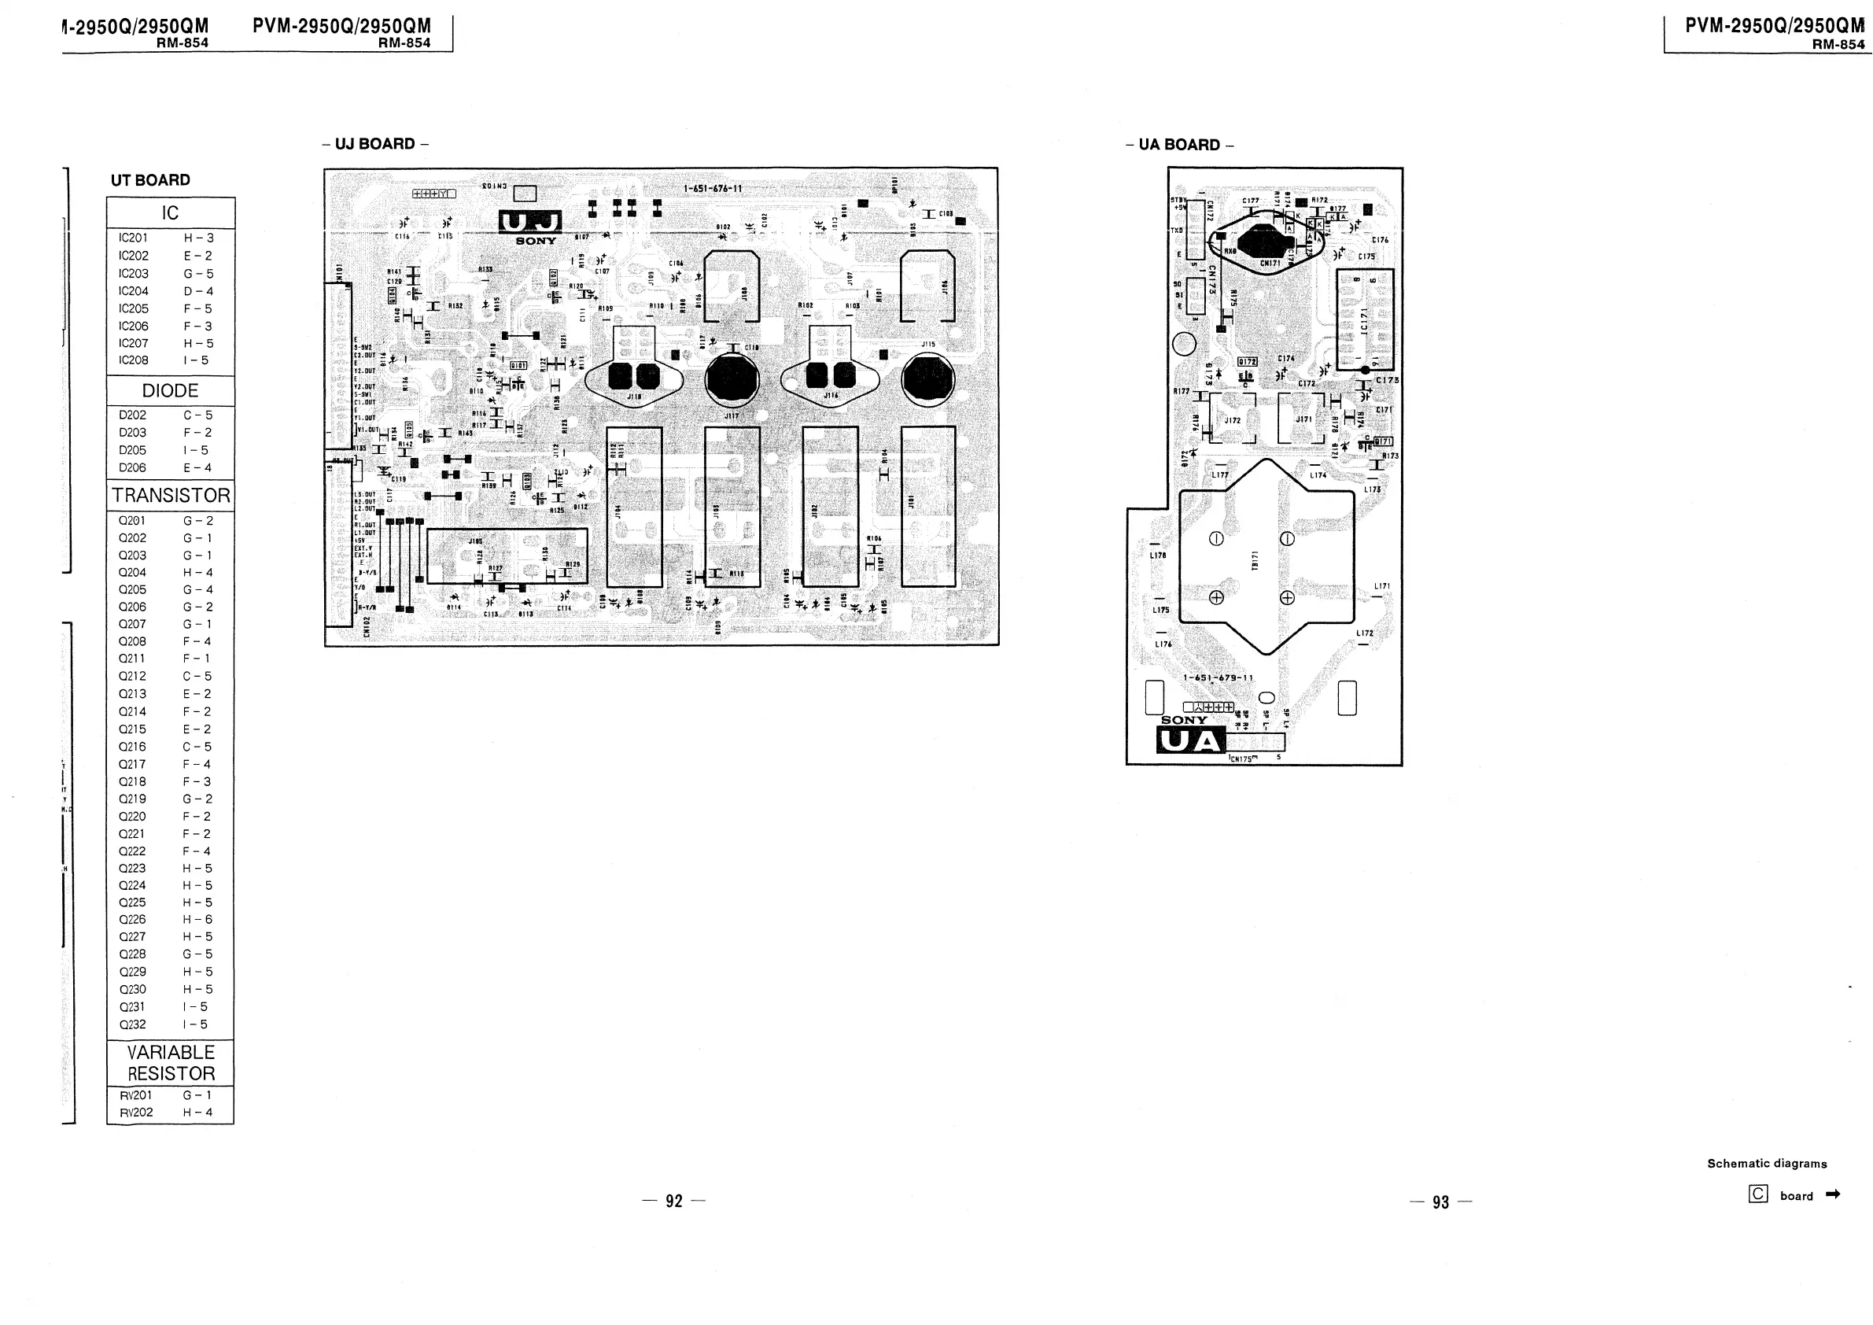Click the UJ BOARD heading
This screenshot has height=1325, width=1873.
pos(375,145)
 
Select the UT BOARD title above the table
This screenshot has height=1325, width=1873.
pos(150,180)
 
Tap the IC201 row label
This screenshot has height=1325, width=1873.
pos(133,238)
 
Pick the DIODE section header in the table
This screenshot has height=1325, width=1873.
pos(170,391)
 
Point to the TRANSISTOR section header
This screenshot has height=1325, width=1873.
pos(171,496)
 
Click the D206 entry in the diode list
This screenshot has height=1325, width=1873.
pos(132,468)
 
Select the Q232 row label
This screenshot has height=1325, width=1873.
pos(132,1024)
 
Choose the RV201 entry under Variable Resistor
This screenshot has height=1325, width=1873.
pos(135,1095)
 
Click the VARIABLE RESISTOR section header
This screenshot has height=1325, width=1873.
pos(171,1063)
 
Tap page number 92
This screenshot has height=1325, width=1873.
pos(674,1201)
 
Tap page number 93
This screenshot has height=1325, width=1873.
pos(1440,1201)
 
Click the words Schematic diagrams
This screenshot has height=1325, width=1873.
pos(1767,1164)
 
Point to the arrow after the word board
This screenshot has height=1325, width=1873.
pos(1832,1194)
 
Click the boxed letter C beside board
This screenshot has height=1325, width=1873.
pos(1758,1194)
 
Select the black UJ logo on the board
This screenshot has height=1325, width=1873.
pos(530,222)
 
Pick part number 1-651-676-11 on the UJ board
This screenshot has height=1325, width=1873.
pos(712,189)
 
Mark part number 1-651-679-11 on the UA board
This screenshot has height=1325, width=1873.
pos(1218,677)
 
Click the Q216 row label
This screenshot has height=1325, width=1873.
pos(132,747)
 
